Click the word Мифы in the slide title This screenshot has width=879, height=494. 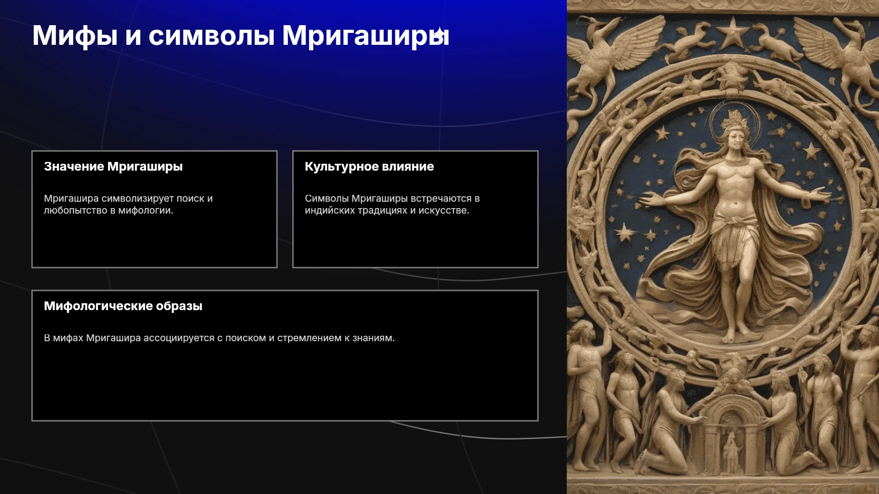pyautogui.click(x=75, y=36)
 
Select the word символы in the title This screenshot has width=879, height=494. pyautogui.click(x=211, y=36)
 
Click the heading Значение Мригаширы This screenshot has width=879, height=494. pyautogui.click(x=113, y=166)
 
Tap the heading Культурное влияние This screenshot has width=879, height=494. pyautogui.click(x=369, y=166)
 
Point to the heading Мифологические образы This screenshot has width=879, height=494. pyautogui.click(x=123, y=306)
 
